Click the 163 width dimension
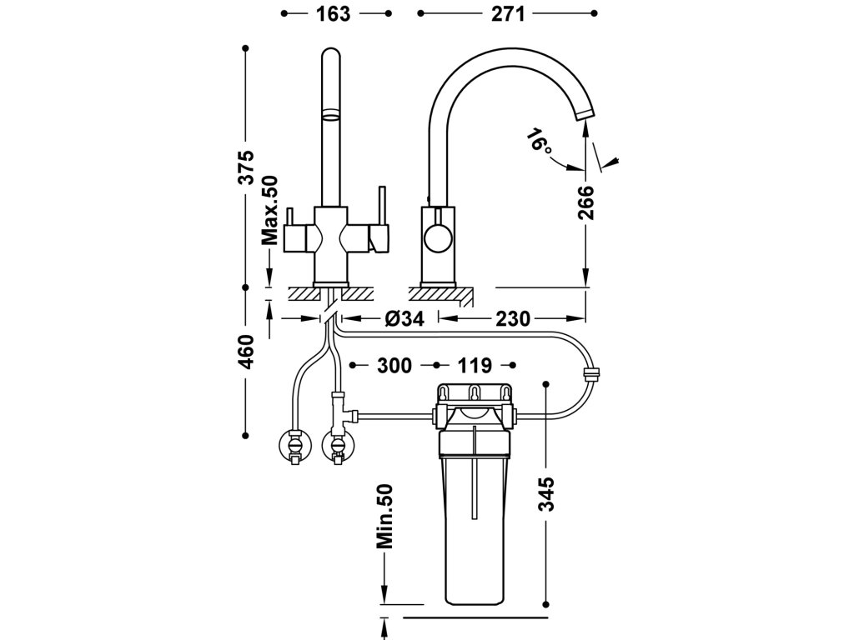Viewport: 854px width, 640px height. (x=334, y=14)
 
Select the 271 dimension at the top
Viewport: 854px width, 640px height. (x=508, y=14)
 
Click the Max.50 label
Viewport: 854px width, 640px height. (x=269, y=210)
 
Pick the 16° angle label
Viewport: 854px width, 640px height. (x=540, y=140)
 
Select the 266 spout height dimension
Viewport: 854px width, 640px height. (x=586, y=202)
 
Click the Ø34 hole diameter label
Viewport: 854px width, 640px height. (x=404, y=318)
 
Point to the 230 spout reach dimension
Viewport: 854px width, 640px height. (x=513, y=318)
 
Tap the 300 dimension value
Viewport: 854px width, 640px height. (x=394, y=365)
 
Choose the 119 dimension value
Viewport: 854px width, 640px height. (x=475, y=365)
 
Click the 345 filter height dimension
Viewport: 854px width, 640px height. (x=545, y=493)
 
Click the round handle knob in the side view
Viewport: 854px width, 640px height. (x=437, y=238)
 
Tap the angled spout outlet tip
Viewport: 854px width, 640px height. (x=585, y=113)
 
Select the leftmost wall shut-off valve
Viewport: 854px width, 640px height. (x=294, y=445)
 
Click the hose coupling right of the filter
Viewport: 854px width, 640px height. (x=591, y=374)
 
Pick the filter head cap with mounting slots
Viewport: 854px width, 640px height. (x=475, y=394)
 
